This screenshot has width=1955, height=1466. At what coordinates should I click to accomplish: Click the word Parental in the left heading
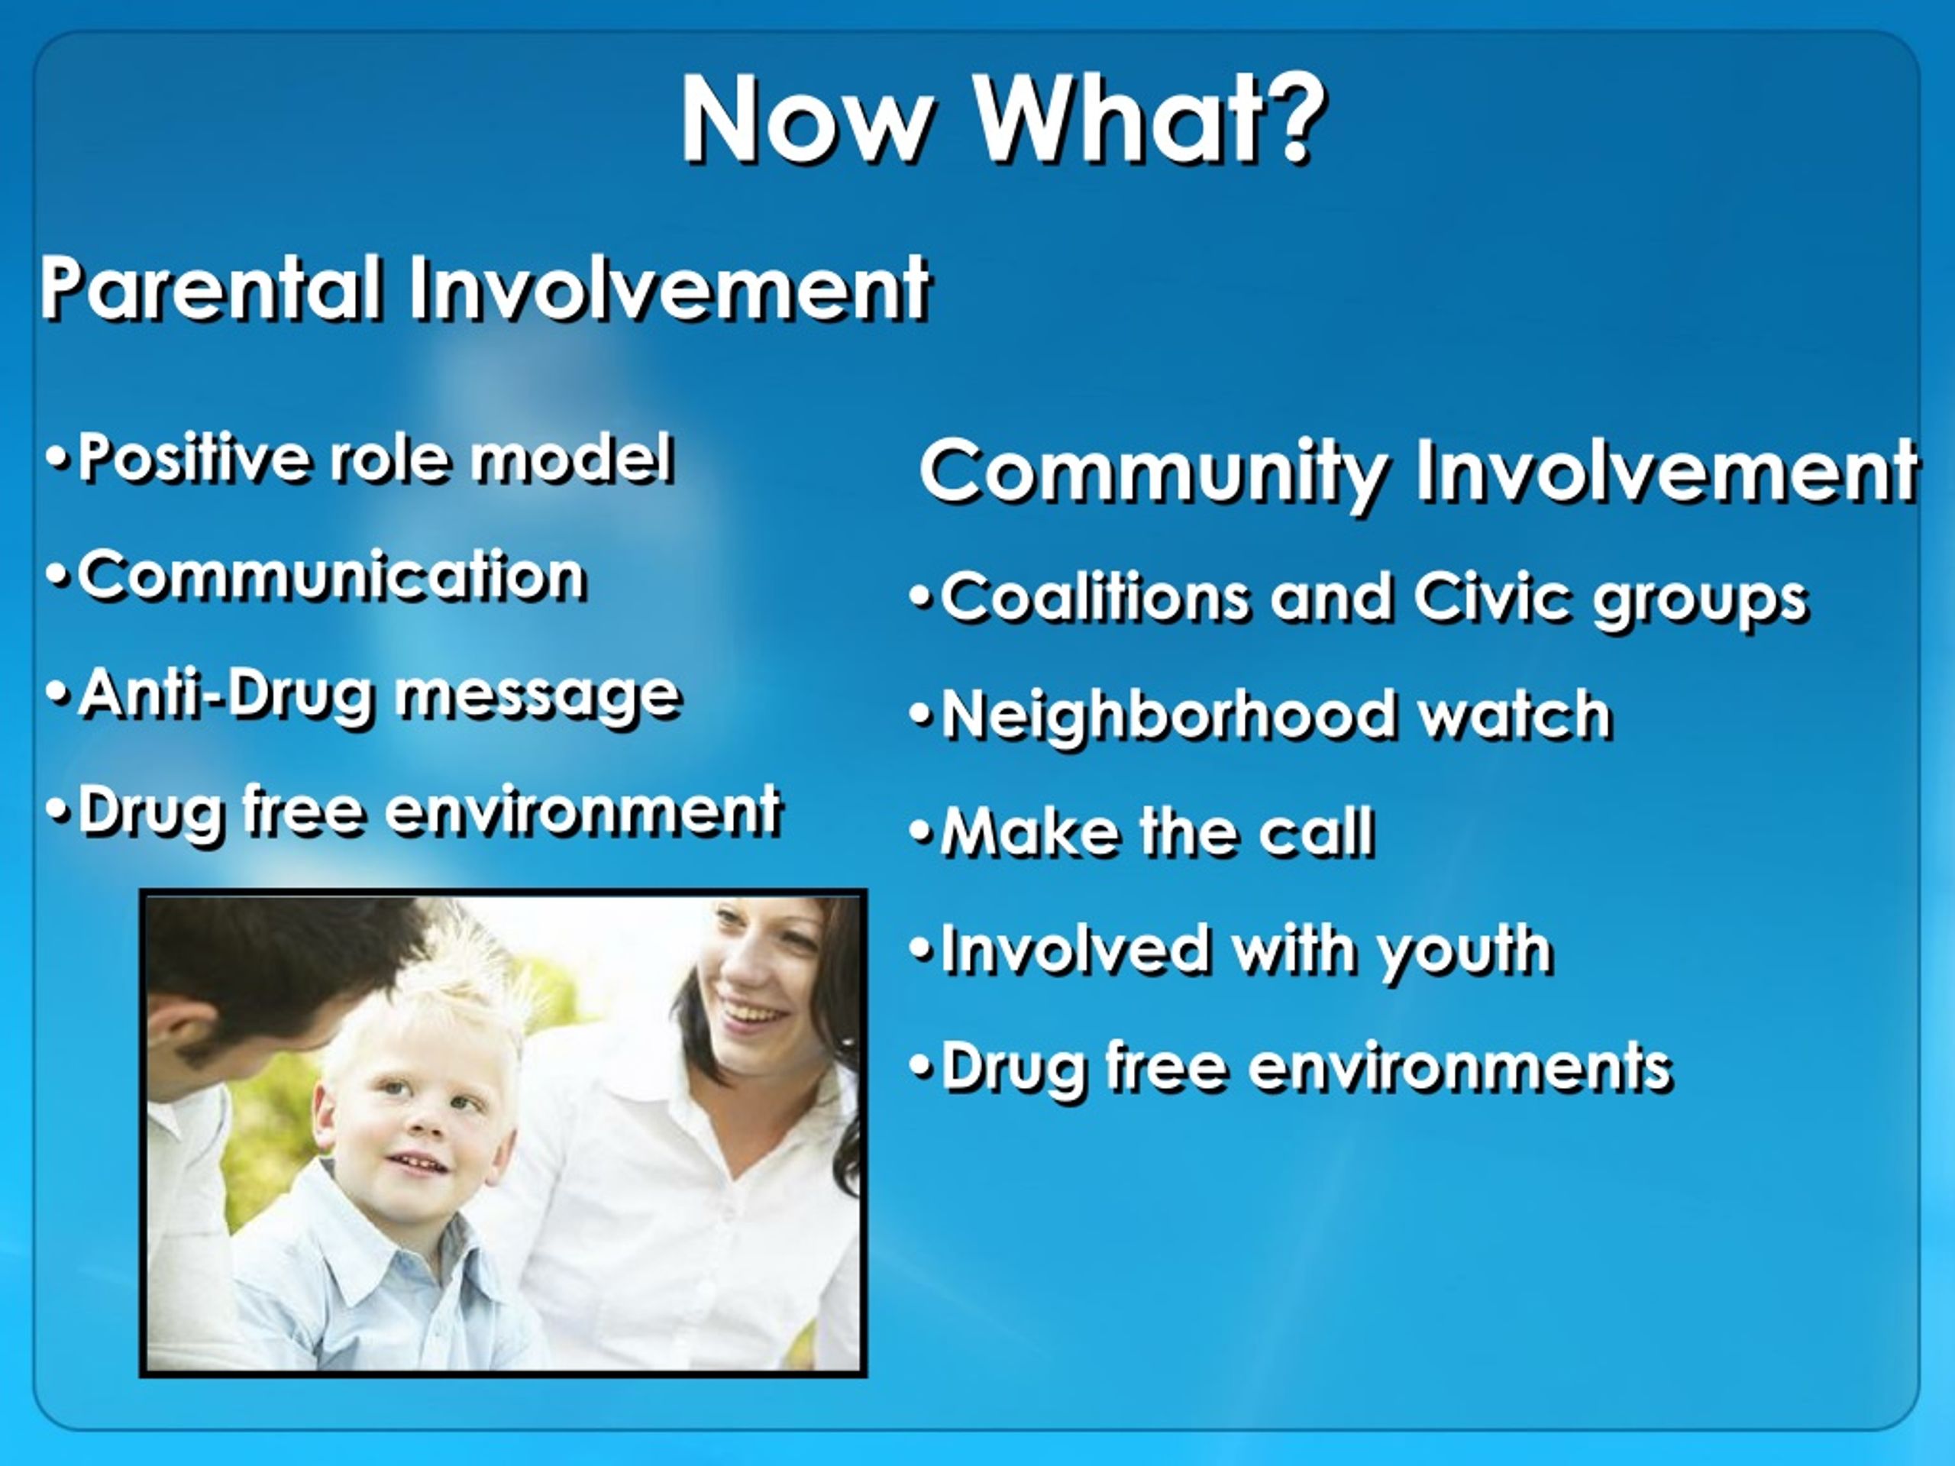212,288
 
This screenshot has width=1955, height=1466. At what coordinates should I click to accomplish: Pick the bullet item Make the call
1142,831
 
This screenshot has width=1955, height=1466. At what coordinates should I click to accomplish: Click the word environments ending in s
1460,1067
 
